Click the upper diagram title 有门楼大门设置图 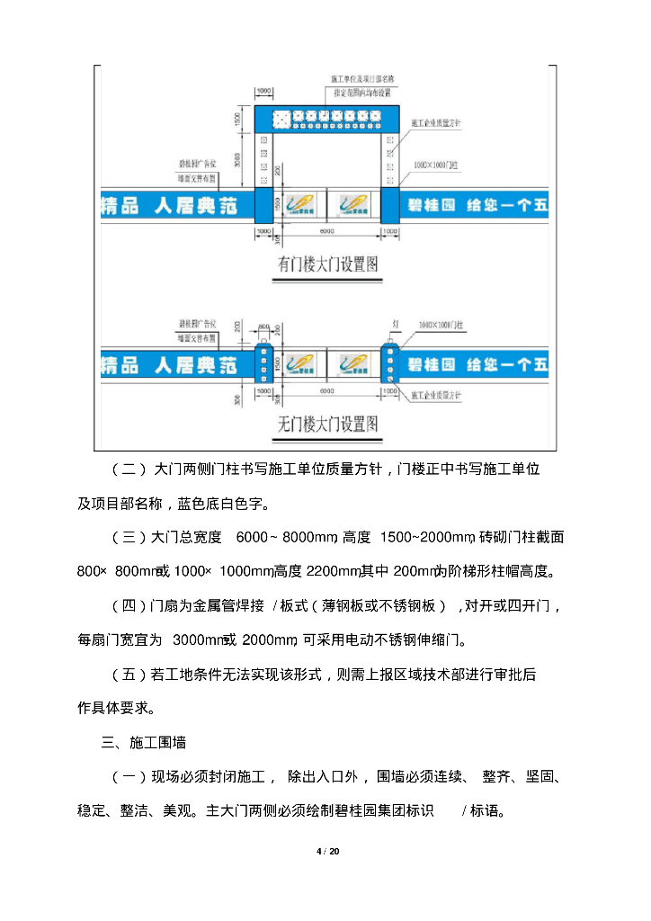[326, 264]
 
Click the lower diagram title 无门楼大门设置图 [326, 422]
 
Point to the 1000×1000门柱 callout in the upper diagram [437, 166]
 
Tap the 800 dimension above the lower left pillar [264, 326]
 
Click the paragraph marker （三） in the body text [129, 537]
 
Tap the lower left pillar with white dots [264, 363]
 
